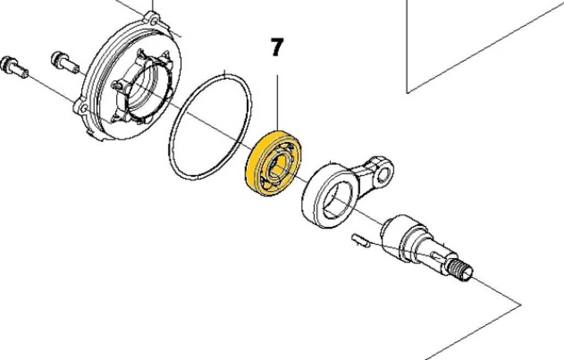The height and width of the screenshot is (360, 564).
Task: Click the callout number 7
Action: (276, 47)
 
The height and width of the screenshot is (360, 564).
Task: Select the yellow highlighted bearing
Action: (274, 163)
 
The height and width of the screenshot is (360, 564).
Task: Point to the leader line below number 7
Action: (277, 103)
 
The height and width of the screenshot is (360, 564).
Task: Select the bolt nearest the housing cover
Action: (65, 62)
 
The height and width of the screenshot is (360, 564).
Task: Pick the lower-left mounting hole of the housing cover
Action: (83, 108)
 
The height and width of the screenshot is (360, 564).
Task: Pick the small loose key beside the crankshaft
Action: (360, 240)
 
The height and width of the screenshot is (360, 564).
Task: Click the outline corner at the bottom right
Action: (521, 304)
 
